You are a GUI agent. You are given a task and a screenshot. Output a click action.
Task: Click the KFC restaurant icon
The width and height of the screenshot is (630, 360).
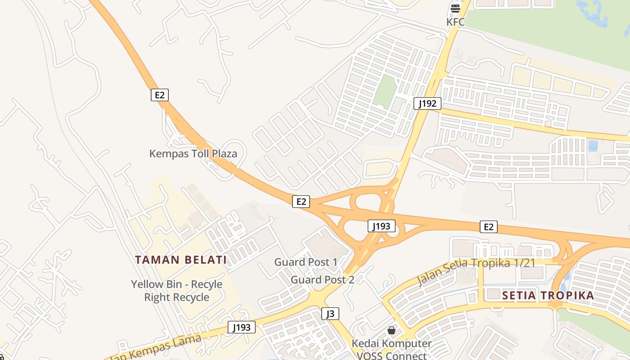click(455, 8)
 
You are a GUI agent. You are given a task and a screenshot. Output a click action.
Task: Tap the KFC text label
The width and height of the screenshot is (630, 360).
click(455, 22)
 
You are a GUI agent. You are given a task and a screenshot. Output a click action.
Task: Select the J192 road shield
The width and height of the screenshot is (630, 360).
click(427, 103)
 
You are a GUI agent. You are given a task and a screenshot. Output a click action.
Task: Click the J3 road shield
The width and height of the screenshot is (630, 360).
click(330, 314)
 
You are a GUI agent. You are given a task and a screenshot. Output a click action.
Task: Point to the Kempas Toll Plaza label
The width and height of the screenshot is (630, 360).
click(193, 153)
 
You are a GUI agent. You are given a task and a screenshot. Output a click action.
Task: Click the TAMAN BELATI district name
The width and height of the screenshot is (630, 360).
click(181, 260)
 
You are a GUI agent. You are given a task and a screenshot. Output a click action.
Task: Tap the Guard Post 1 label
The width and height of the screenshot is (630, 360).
click(306, 262)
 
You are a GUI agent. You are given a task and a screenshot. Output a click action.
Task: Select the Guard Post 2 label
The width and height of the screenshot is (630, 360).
click(322, 279)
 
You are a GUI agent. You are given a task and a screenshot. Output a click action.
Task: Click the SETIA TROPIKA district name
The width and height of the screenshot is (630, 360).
click(548, 296)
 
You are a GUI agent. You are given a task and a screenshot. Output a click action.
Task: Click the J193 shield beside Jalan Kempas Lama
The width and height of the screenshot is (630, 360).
click(242, 327)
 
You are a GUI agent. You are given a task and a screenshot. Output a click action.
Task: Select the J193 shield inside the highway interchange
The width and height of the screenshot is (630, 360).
click(381, 226)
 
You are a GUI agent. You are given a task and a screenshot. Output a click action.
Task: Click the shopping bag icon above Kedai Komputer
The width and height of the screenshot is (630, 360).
click(391, 330)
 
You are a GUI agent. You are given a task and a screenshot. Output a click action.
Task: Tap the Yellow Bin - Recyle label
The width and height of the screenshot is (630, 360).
click(176, 284)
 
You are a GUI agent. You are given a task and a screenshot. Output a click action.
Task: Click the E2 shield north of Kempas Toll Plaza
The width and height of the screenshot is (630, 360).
click(159, 95)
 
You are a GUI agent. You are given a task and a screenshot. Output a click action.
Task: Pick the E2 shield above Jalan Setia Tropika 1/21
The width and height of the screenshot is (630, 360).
click(489, 227)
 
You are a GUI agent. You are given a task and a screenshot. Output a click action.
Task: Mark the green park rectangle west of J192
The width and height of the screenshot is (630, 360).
click(384, 91)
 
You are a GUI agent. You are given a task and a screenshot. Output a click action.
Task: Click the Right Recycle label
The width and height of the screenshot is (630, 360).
click(176, 297)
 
